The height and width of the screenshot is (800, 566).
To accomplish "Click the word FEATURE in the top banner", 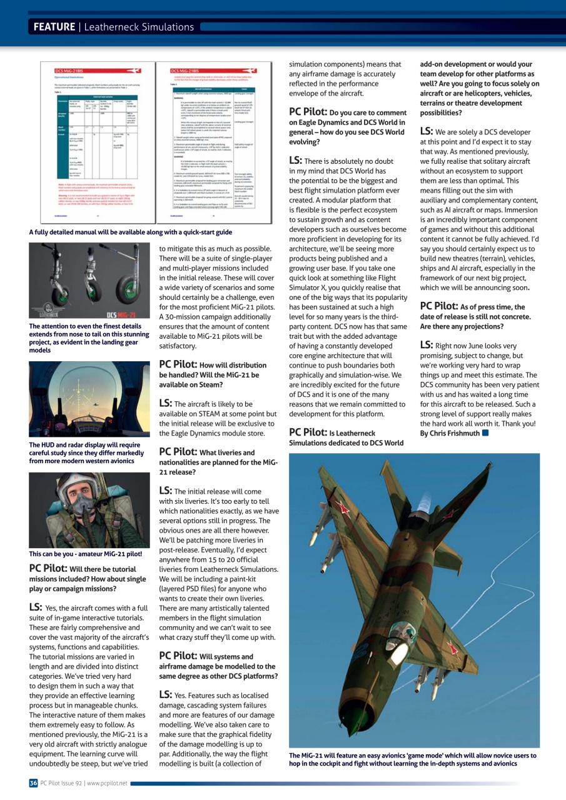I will point(54,27).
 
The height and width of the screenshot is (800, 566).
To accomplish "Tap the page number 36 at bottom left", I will point(33,782).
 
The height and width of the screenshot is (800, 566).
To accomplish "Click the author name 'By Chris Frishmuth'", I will point(450,432).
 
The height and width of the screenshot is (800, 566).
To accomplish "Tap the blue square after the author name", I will point(485,432).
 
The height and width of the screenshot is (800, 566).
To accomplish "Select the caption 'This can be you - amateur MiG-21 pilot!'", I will point(86,554).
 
